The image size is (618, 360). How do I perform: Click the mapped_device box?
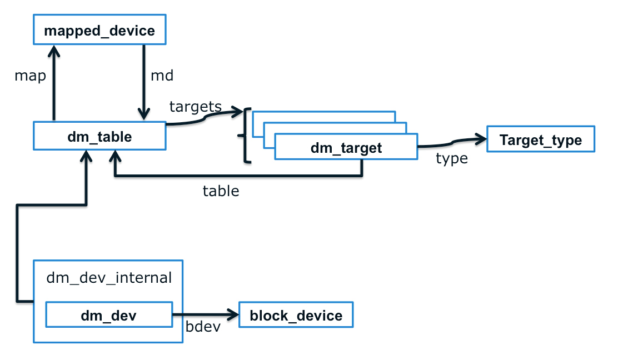click(99, 31)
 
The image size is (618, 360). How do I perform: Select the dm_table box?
click(99, 136)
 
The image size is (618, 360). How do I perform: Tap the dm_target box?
click(346, 148)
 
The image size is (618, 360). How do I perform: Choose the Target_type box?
click(540, 139)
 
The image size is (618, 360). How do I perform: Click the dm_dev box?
click(109, 316)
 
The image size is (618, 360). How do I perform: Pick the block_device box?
click(296, 316)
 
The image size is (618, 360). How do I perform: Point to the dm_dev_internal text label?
click(108, 277)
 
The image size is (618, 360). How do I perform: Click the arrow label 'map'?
click(30, 76)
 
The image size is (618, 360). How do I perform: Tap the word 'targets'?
click(195, 106)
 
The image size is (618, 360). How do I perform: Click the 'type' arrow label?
click(451, 159)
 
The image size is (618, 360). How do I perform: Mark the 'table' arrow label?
click(221, 191)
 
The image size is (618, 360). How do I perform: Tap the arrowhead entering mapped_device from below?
click(54, 51)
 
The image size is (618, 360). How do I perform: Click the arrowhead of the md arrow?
click(144, 114)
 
